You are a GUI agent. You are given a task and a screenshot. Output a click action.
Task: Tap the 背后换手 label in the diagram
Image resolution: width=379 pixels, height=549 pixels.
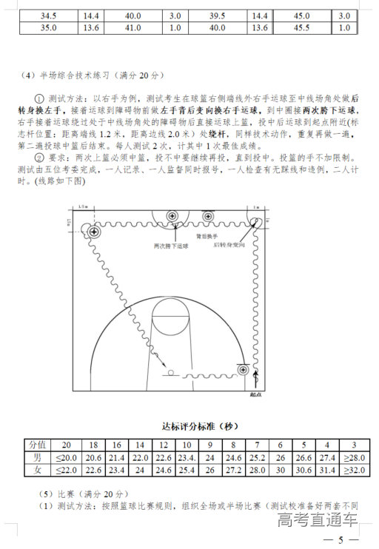[207, 235]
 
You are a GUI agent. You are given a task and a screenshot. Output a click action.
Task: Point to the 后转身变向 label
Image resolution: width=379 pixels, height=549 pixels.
[229, 243]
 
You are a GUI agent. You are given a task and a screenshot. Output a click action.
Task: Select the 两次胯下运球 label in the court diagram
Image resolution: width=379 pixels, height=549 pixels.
[171, 245]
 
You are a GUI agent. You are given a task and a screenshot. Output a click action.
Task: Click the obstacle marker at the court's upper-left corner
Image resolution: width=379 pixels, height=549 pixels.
[94, 232]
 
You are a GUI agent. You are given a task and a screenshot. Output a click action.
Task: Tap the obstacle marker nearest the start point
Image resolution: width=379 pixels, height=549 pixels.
[243, 368]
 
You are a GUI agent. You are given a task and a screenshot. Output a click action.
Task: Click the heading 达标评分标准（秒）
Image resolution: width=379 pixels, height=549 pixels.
[200, 427]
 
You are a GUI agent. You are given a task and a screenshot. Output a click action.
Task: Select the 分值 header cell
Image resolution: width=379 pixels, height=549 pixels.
[37, 445]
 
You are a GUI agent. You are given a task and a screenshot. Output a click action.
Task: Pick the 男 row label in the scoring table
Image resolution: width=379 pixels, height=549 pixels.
[37, 457]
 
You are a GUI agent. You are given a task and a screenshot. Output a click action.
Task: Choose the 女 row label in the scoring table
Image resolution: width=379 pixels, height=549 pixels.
[37, 470]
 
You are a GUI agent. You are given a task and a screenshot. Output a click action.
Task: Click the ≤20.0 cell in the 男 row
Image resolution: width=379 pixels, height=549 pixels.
[67, 457]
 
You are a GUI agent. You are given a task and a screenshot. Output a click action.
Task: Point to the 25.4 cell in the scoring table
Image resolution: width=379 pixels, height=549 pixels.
[187, 470]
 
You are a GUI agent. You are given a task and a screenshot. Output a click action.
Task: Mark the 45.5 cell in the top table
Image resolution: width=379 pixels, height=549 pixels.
[302, 28]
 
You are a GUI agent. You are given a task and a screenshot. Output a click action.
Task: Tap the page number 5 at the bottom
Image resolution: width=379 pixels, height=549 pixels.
[340, 541]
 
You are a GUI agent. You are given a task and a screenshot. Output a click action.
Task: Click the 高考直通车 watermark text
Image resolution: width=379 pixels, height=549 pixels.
[318, 520]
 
